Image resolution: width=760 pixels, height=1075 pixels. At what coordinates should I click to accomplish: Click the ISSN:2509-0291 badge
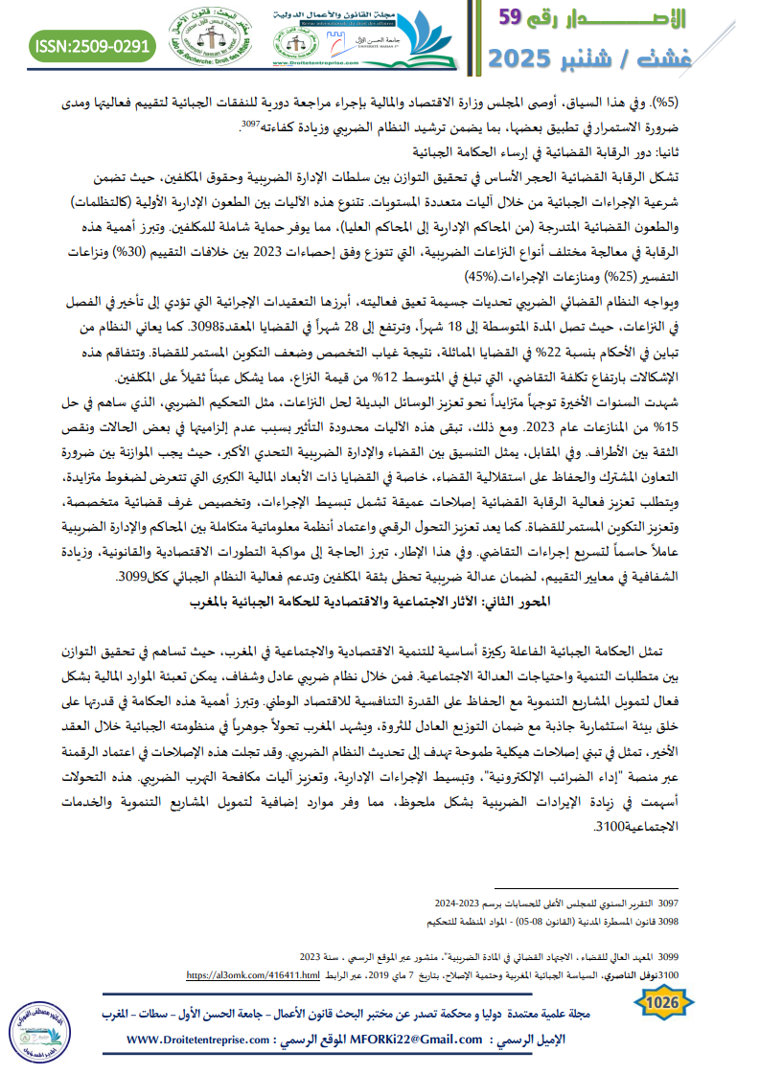coord(92,45)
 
